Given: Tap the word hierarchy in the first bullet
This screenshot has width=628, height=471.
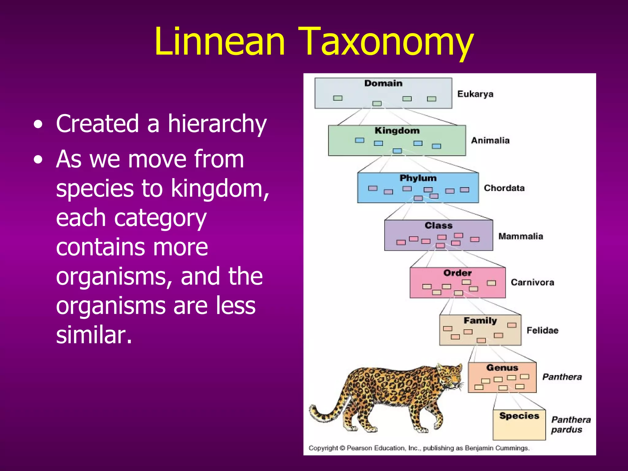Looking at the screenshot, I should pyautogui.click(x=217, y=124).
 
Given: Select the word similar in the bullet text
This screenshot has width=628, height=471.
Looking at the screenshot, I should pyautogui.click(x=94, y=335).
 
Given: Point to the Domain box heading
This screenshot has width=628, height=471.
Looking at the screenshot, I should pyautogui.click(x=383, y=83).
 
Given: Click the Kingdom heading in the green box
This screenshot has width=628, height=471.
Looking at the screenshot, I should pyautogui.click(x=397, y=131).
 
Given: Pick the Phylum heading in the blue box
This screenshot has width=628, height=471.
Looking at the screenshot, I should pyautogui.click(x=418, y=178).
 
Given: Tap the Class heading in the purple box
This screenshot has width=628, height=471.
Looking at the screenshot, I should pyautogui.click(x=438, y=226).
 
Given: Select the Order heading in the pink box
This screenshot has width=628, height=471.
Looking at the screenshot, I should pyautogui.click(x=457, y=273).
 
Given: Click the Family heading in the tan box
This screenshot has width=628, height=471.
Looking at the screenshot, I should pyautogui.click(x=480, y=321).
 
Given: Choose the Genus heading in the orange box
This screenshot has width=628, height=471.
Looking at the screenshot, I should pyautogui.click(x=502, y=368).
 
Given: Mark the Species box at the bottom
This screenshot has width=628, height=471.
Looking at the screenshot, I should pyautogui.click(x=519, y=425).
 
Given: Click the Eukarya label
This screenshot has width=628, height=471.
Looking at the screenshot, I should pyautogui.click(x=475, y=94).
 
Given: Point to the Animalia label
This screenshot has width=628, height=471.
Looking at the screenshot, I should pyautogui.click(x=490, y=140).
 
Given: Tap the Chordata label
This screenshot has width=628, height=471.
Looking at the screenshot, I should pyautogui.click(x=504, y=188).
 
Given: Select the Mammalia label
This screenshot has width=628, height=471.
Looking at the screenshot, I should pyautogui.click(x=520, y=236).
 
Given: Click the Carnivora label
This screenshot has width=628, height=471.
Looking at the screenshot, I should pyautogui.click(x=532, y=282).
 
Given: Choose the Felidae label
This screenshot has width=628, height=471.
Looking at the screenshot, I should pyautogui.click(x=542, y=330).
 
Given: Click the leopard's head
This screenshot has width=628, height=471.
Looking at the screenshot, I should pyautogui.click(x=450, y=376).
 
